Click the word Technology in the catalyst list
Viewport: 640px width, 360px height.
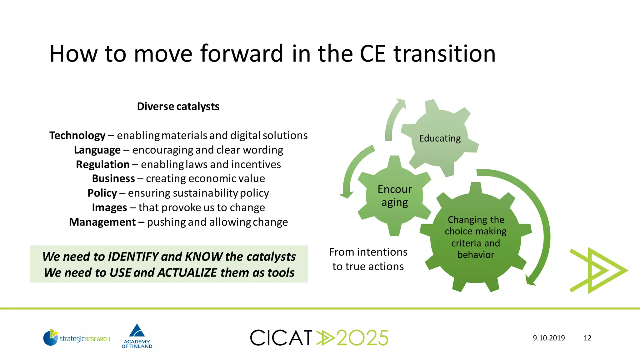pos(77,136)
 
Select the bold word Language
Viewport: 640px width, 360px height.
pos(97,150)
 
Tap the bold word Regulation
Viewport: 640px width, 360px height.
pos(102,164)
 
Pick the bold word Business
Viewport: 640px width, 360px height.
pos(113,178)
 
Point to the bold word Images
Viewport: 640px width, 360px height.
pos(109,207)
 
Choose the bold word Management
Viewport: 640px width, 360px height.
pos(102,222)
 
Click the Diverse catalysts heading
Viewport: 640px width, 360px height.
pos(178,107)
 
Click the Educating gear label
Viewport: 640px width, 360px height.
pos(440,138)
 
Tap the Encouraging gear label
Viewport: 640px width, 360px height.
pos(395,196)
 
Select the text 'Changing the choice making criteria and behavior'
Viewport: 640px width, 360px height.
pos(476,237)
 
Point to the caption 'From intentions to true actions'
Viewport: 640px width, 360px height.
pos(368,259)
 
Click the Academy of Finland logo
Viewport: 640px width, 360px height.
pos(137,336)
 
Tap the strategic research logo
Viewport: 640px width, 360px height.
pos(77,338)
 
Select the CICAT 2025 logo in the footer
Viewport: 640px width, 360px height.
pos(319,338)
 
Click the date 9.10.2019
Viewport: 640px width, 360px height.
pos(549,338)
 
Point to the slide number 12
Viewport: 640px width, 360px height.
pos(587,338)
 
